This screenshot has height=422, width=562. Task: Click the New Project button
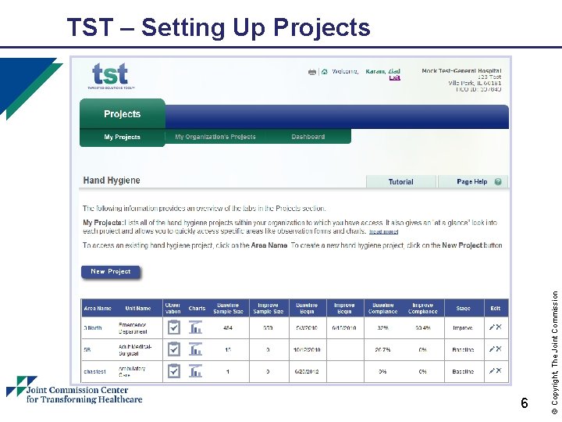[111, 272]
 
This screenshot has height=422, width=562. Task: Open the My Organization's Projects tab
[215, 138]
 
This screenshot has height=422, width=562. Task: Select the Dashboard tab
[308, 138]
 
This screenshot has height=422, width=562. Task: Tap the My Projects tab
[123, 138]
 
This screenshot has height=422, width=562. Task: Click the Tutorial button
[400, 182]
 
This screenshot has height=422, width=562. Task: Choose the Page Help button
[472, 182]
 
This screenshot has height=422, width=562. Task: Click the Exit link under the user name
[394, 78]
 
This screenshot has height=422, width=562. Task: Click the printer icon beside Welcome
[312, 72]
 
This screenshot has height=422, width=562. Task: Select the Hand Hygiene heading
[112, 181]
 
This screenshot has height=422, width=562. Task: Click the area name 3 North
[93, 328]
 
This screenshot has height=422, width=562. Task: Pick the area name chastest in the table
[94, 371]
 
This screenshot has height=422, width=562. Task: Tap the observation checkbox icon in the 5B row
[173, 349]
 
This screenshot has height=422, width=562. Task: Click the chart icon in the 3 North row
[196, 327]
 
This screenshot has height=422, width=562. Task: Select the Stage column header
[464, 309]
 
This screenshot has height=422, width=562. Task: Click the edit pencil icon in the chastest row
[492, 370]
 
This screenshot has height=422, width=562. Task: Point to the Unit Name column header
[138, 309]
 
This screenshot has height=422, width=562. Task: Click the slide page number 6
[525, 403]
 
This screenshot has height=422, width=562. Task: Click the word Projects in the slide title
[322, 28]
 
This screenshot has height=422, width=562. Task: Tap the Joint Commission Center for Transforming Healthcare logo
[74, 390]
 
